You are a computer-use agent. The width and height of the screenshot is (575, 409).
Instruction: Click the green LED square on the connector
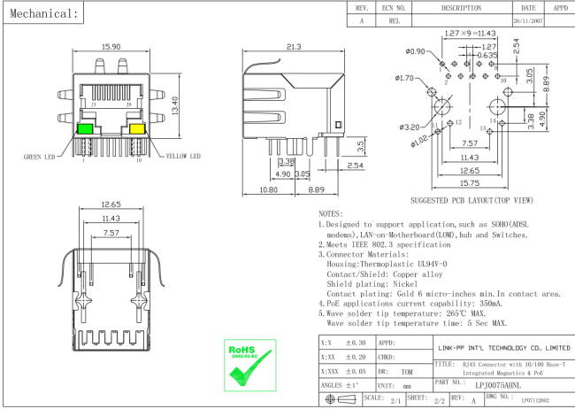86,129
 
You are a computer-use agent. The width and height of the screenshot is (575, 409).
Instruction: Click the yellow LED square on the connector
138,129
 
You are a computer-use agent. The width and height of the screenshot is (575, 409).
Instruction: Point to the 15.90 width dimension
111,47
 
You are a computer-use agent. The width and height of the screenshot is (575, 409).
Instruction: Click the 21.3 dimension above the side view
294,47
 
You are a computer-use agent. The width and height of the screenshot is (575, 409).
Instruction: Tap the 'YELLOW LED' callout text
183,157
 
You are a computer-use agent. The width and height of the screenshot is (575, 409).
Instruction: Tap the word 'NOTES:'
330,214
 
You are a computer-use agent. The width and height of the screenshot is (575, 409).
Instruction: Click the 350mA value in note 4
502,303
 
